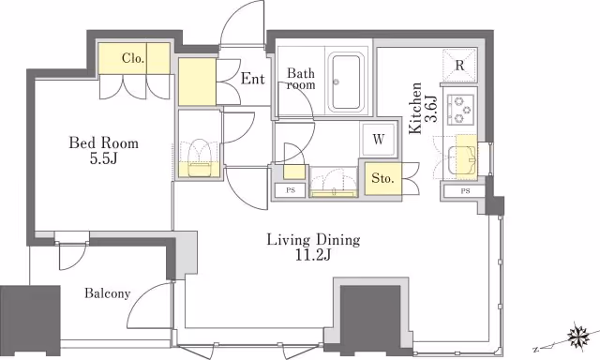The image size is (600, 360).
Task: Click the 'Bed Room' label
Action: pyautogui.click(x=104, y=143)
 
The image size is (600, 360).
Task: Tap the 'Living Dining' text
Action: pyautogui.click(x=313, y=240)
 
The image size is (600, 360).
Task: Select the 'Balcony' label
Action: pyautogui.click(x=108, y=293)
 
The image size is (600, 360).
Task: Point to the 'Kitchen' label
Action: pyautogui.click(x=415, y=109)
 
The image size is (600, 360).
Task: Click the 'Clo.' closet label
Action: pyautogui.click(x=133, y=58)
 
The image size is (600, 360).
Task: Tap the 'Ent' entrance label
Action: pyautogui.click(x=253, y=79)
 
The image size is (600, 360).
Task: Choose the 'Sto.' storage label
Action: pyautogui.click(x=382, y=178)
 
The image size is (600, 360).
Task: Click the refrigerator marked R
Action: pyautogui.click(x=459, y=65)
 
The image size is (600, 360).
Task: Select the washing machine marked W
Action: pyautogui.click(x=378, y=140)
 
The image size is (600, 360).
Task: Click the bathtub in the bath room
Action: pyautogui.click(x=346, y=82)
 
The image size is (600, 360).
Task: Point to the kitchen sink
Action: pyautogui.click(x=461, y=160)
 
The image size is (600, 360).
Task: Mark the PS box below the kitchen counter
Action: pyautogui.click(x=465, y=191)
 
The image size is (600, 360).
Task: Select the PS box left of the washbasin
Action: pyautogui.click(x=291, y=190)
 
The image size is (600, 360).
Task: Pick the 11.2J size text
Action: pyautogui.click(x=312, y=255)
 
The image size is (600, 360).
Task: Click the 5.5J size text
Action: pyautogui.click(x=103, y=158)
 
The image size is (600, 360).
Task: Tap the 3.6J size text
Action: pyautogui.click(x=431, y=109)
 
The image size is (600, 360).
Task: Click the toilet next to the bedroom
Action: pyautogui.click(x=199, y=158)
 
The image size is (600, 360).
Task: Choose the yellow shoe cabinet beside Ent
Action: pyautogui.click(x=197, y=82)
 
